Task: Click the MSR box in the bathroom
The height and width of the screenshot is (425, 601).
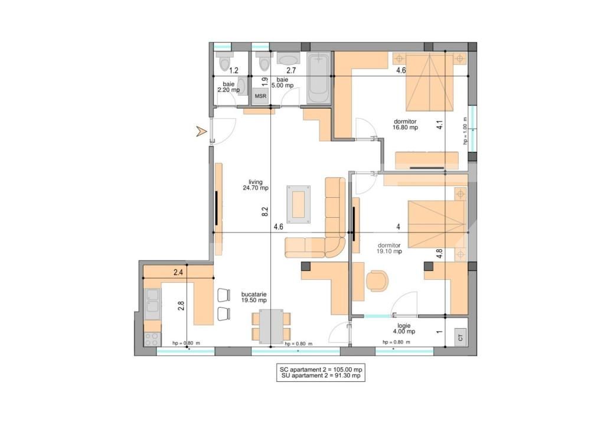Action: point(260,96)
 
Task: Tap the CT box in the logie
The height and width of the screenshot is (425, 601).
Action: point(460,337)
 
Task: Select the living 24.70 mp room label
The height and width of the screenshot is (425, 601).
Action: point(256,185)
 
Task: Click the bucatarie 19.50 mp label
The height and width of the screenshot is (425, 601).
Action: point(254,297)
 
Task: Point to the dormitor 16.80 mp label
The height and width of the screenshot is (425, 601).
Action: point(405,125)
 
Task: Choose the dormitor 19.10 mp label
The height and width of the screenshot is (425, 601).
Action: point(389,249)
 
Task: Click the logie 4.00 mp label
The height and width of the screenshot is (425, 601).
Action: point(404,329)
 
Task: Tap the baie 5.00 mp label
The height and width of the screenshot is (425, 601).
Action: point(282,83)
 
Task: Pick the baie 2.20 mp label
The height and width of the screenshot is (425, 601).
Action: point(229,87)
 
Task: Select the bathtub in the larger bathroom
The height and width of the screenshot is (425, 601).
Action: point(319,78)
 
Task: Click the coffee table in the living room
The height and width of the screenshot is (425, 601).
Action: point(299,204)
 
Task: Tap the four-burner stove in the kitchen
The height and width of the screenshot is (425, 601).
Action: point(152,339)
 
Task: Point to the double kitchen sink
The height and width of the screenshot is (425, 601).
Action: point(152,301)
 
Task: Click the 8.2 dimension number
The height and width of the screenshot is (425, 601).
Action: point(265,211)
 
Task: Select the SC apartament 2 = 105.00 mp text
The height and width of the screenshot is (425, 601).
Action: point(321,370)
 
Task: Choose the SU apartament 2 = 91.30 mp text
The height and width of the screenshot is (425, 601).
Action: point(321,376)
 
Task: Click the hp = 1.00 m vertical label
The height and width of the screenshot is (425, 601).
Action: point(465,130)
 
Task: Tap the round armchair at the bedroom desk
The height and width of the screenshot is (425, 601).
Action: point(377,280)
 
